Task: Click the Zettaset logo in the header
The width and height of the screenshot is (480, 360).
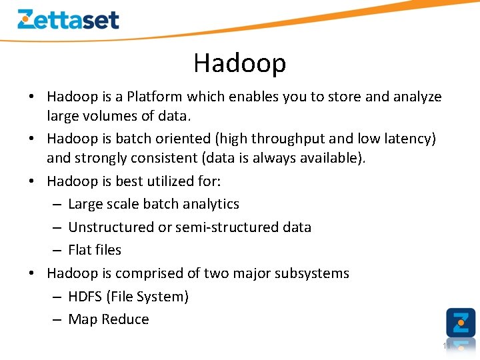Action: [68, 19]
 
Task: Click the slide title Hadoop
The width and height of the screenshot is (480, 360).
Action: [239, 63]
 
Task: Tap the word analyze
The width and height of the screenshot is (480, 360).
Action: [416, 97]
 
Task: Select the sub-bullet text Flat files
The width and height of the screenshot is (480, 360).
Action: [95, 250]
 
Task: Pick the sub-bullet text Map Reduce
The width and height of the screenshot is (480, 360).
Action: [109, 319]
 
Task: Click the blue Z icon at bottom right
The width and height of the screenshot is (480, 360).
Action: [461, 322]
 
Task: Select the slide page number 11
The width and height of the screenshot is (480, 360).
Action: [447, 346]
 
